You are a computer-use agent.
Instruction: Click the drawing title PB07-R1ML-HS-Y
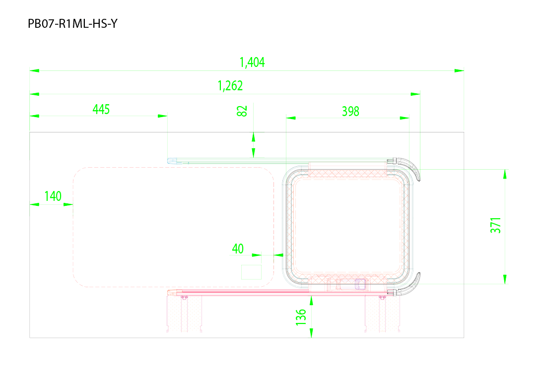coord(72,23)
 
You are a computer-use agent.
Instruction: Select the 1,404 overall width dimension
coord(252,63)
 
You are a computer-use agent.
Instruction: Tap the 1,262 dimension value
coord(230,86)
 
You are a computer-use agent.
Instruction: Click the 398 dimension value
coord(350,111)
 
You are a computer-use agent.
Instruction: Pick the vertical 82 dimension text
coord(242,111)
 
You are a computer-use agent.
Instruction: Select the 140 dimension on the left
coord(53,196)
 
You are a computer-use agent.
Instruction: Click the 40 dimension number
coord(238,249)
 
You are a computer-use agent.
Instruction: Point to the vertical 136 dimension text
coord(301,317)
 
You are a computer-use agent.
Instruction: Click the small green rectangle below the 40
coord(251,272)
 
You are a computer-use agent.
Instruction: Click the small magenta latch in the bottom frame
coord(360,284)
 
